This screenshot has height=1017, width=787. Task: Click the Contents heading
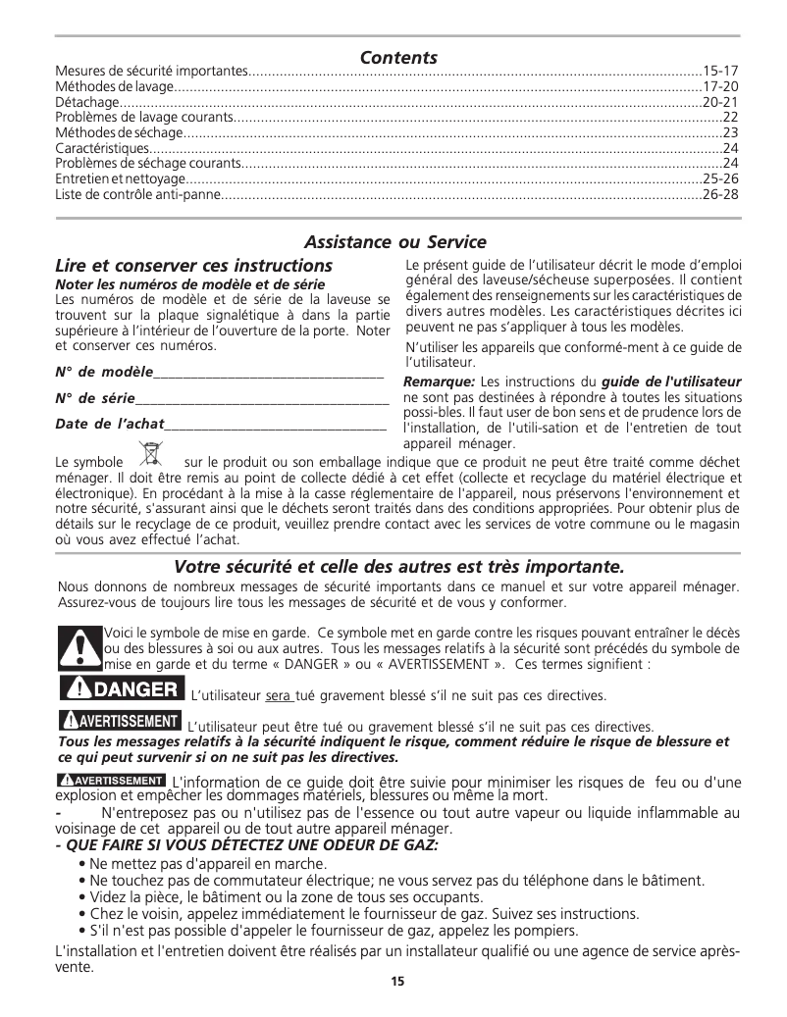coord(398,58)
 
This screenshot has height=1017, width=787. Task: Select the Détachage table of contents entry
coord(86,102)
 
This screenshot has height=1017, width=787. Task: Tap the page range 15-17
coord(721,73)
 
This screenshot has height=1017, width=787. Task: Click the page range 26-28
coord(721,195)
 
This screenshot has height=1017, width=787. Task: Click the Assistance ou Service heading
coord(395,241)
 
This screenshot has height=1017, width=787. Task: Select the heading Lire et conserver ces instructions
coord(193,266)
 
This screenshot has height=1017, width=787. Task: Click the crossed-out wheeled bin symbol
coord(150,454)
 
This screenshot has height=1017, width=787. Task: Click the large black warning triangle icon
coord(79,645)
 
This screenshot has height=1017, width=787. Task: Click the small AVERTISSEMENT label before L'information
coord(111,780)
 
